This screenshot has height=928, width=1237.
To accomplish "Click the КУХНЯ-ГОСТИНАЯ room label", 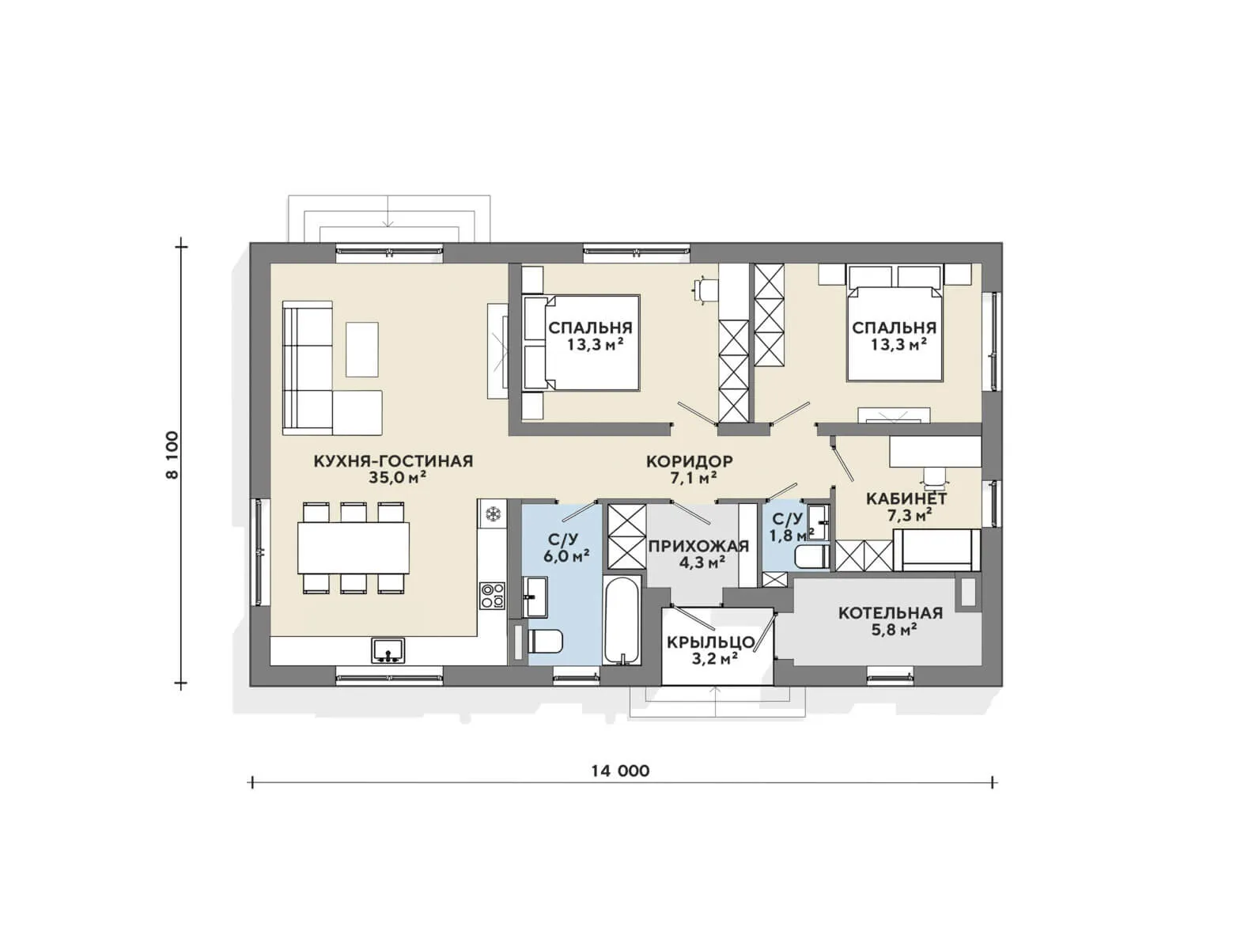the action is pyautogui.click(x=393, y=461).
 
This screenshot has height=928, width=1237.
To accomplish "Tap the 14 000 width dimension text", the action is pyautogui.click(x=620, y=771).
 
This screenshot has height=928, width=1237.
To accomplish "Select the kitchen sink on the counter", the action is pyautogui.click(x=388, y=650).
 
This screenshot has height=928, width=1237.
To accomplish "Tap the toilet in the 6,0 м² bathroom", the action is pyautogui.click(x=544, y=641).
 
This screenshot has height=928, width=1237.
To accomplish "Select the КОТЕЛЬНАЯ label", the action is pyautogui.click(x=891, y=613).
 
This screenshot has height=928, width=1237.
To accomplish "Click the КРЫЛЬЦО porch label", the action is pyautogui.click(x=710, y=642).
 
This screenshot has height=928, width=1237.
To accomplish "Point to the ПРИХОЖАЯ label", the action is pyautogui.click(x=698, y=545).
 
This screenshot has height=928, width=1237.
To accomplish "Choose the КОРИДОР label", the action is pyautogui.click(x=689, y=461).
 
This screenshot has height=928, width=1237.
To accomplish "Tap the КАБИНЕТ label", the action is pyautogui.click(x=906, y=498).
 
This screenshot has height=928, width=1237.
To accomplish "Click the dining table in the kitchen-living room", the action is pyautogui.click(x=354, y=547).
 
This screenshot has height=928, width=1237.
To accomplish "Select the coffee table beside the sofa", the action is pyautogui.click(x=361, y=349).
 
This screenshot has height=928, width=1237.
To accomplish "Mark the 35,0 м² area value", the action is pyautogui.click(x=397, y=478).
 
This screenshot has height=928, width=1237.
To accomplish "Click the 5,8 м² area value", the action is pyautogui.click(x=893, y=630).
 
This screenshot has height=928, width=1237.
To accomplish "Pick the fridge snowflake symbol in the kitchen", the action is pyautogui.click(x=493, y=513).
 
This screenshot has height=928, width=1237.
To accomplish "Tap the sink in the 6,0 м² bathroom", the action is pyautogui.click(x=534, y=597).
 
